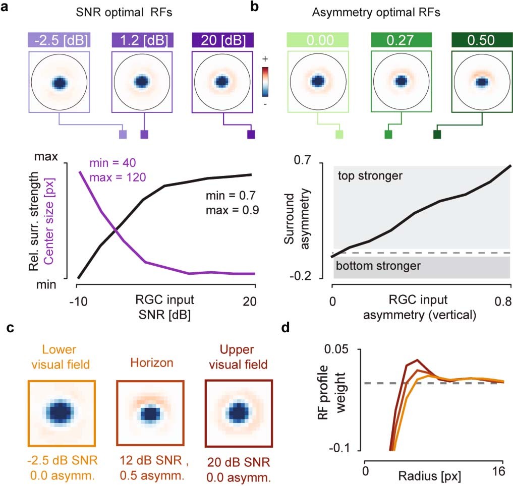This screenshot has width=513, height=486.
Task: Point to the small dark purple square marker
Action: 251,134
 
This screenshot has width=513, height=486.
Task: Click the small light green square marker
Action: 339,134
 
